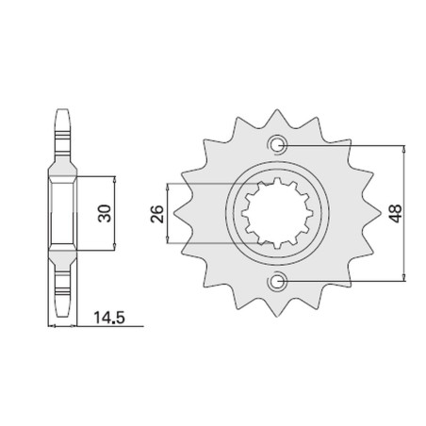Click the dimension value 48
pyautogui.click(x=396, y=213)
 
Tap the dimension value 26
pyautogui.click(x=157, y=214)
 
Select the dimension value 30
pyautogui.click(x=105, y=214)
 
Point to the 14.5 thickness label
pyautogui.click(x=109, y=318)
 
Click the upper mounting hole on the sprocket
pyautogui.click(x=277, y=145)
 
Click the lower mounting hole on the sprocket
pyautogui.click(x=277, y=281)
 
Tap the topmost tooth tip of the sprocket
pyautogui.click(x=277, y=109)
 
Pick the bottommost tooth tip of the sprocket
pyautogui.click(x=277, y=317)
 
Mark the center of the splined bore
pyautogui.click(x=277, y=213)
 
